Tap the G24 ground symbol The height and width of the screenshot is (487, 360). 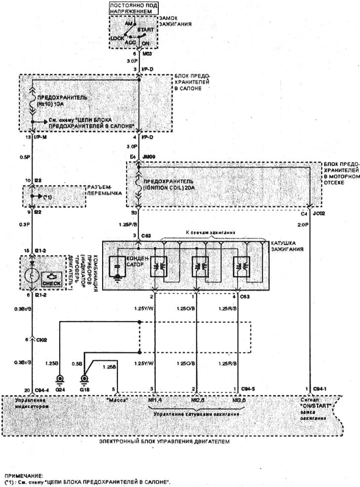(61, 380)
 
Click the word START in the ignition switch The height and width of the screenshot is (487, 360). (145, 30)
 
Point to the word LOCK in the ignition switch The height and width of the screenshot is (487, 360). (118, 38)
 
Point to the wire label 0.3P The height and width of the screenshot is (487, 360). (25, 225)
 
